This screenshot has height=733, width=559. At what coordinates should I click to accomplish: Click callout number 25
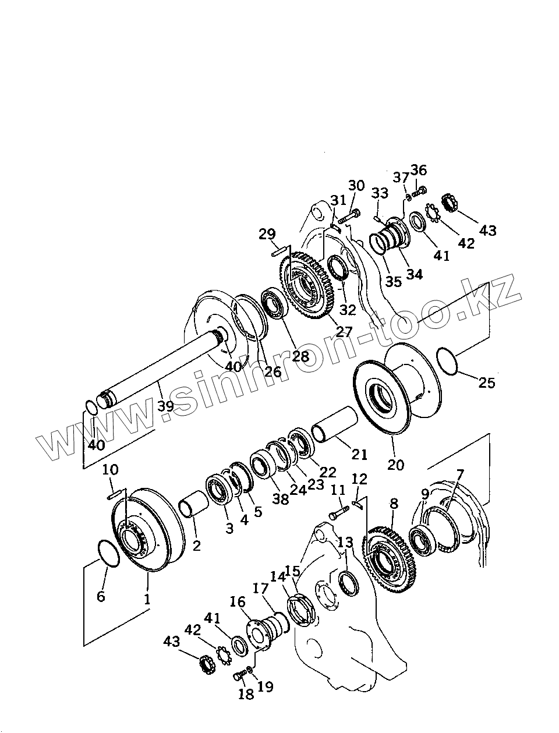pyautogui.click(x=486, y=383)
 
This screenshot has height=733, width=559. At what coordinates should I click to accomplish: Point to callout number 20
pyautogui.click(x=395, y=465)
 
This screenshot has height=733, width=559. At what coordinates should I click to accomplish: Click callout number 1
pyautogui.click(x=147, y=598)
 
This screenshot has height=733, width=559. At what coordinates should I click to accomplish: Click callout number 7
pyautogui.click(x=459, y=474)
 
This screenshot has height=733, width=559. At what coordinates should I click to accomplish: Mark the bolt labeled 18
pyautogui.click(x=238, y=676)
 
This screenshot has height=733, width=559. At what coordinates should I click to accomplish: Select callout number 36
pyautogui.click(x=418, y=170)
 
